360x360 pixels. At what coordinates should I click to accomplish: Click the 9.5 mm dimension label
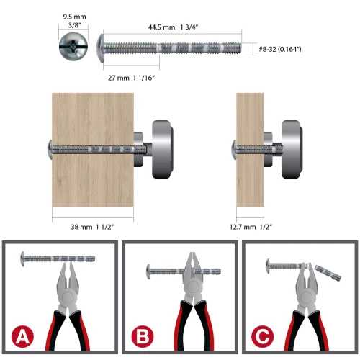click(74, 17)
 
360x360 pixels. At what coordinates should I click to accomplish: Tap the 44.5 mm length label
click(161, 27)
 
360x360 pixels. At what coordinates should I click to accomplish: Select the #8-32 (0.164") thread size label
click(280, 49)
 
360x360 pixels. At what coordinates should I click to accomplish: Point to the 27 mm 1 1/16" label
click(131, 78)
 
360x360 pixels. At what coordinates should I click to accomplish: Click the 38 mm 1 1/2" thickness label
click(92, 227)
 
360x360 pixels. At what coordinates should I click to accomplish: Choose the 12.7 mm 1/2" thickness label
click(251, 227)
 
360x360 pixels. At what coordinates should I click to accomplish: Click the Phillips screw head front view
click(73, 46)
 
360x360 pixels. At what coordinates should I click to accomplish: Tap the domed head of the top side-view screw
click(100, 48)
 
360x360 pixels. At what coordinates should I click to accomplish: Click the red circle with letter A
click(22, 336)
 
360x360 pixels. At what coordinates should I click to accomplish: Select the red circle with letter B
click(143, 336)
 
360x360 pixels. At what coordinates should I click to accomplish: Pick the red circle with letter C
click(263, 336)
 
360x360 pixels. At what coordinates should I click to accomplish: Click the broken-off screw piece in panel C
click(328, 272)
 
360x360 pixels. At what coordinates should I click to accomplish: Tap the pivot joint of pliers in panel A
click(68, 297)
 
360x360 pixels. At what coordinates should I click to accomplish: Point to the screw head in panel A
click(23, 258)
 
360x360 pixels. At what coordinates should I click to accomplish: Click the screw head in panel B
click(148, 271)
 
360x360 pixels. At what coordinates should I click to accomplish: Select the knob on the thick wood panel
click(163, 149)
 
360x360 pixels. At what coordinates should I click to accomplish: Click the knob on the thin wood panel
click(292, 149)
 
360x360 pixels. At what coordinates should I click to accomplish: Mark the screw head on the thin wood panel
click(234, 150)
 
